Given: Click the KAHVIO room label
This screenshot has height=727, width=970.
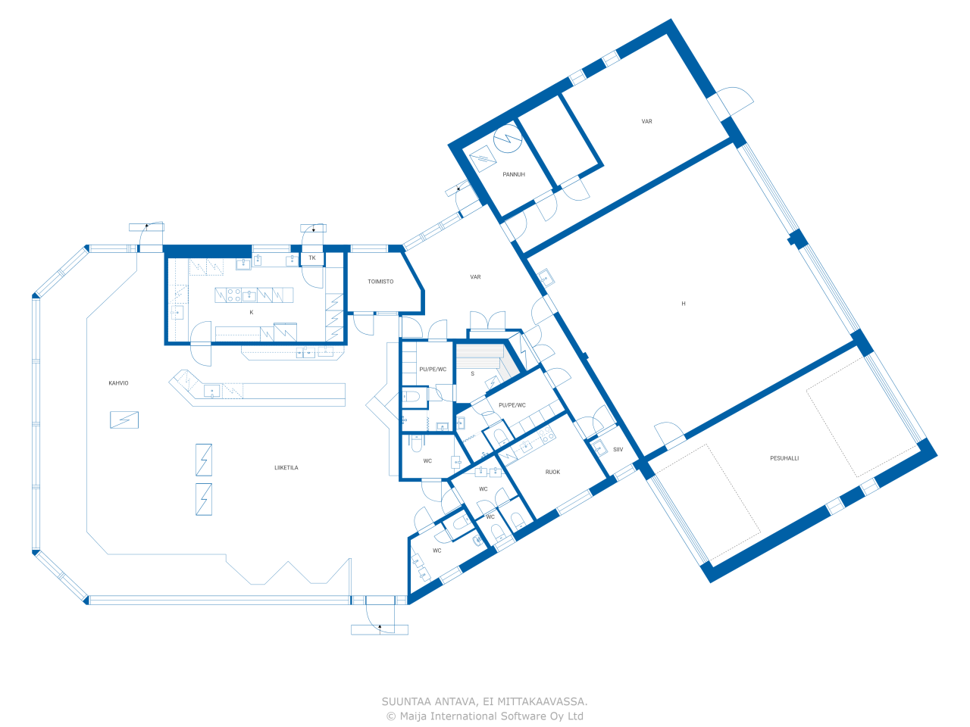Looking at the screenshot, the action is tap(118, 383).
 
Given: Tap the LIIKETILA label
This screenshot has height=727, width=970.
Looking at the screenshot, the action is tap(286, 467).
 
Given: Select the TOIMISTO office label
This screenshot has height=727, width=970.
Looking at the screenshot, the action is tap(380, 282).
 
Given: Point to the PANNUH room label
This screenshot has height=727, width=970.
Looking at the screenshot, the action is tap(514, 174).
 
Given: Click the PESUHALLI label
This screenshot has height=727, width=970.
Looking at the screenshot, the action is tap(784, 458).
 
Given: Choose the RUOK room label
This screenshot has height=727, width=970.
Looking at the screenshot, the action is tap(552, 472).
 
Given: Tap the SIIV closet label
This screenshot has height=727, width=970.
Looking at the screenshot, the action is tap(618, 449).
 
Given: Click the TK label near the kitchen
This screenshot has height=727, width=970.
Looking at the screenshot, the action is tap(312, 257).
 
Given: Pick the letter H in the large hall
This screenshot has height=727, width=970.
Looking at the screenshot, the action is tap(684, 304).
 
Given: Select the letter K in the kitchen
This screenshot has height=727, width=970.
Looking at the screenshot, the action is tap(252, 313).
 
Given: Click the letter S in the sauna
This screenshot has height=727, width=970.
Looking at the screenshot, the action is tap(472, 374).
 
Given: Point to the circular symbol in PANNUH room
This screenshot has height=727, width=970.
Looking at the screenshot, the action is tap(507, 139).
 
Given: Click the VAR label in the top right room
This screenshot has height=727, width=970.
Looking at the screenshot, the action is tap(646, 121).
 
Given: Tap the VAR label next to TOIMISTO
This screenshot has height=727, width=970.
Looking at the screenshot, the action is tap(475, 277).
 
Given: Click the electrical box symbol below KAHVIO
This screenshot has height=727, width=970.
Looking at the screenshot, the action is tap(124, 420).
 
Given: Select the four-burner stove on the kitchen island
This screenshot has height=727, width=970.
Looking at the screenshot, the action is tap(233, 295).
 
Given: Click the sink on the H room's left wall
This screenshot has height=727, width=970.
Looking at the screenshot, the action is tap(546, 278).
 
